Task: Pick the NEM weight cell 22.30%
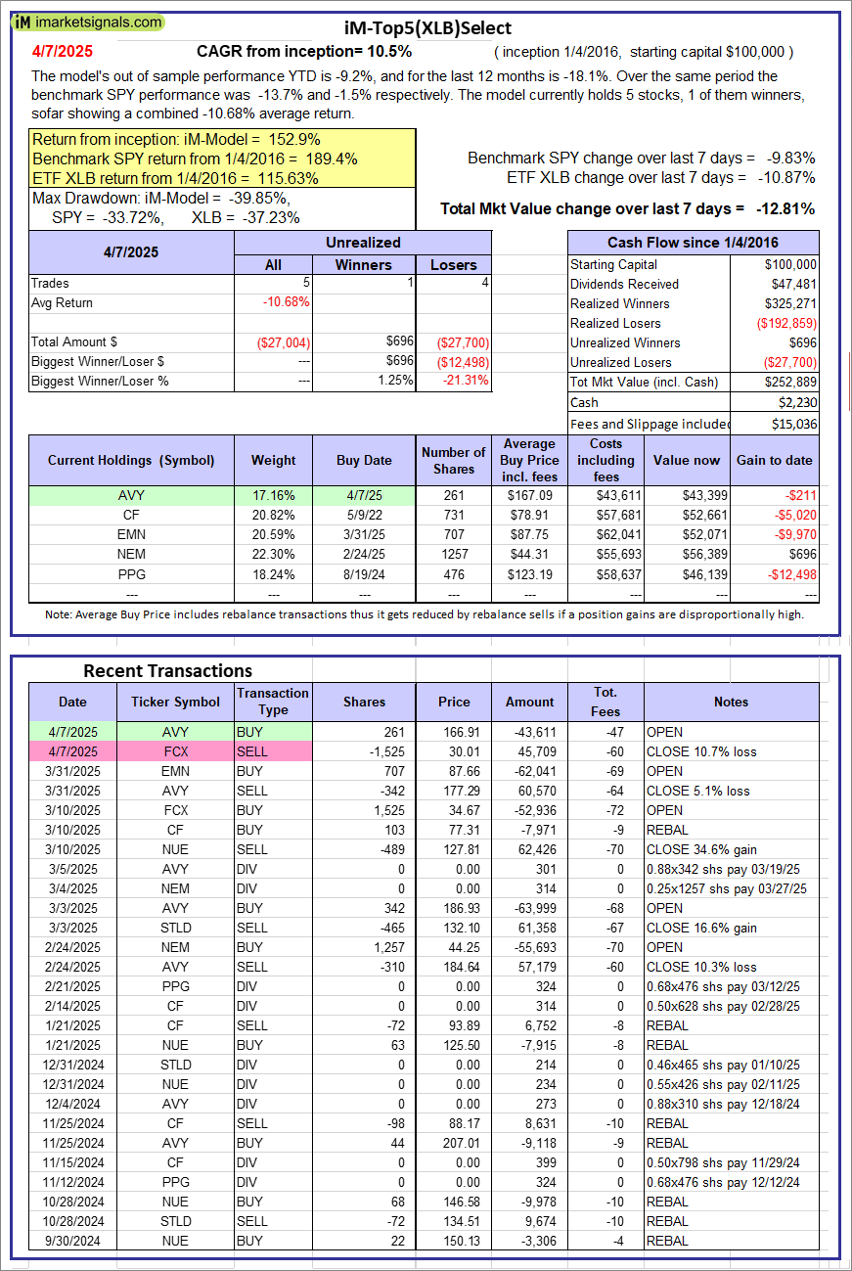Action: pos(273,554)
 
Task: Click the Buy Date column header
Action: pos(364,460)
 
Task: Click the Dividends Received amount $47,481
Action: pos(791,284)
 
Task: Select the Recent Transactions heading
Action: pos(167,670)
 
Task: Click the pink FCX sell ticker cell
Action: pos(175,751)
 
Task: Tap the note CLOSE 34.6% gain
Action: pos(701,849)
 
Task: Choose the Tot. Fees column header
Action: pos(605,702)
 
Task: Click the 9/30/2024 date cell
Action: pos(71,1241)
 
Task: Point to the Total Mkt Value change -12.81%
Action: pos(780,208)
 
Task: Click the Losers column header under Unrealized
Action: pos(454,264)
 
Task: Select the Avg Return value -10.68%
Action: pos(287,302)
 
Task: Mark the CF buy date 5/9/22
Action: pos(364,515)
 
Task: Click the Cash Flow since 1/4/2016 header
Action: pos(693,243)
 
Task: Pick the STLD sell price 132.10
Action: pos(453,928)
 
